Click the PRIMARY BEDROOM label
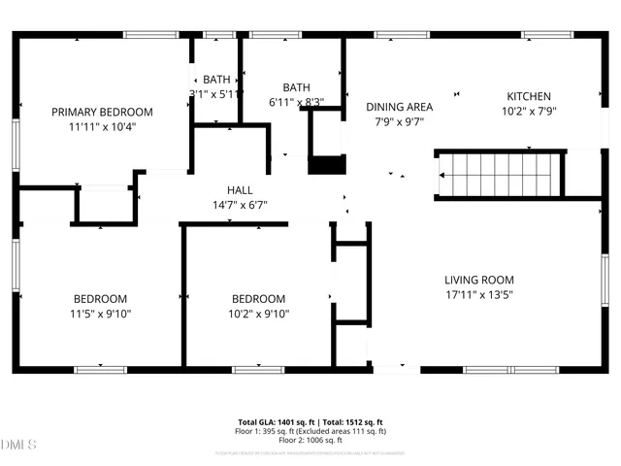tap(102, 112)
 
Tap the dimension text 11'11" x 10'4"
tap(102, 126)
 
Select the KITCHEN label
tap(529, 96)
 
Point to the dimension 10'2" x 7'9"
tap(529, 111)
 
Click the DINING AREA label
tap(398, 107)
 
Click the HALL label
tap(240, 190)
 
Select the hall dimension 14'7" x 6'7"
tap(240, 205)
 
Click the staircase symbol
tap(500, 176)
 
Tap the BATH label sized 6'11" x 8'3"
tap(296, 87)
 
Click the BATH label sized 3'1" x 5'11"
tap(215, 80)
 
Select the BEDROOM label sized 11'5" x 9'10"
tap(101, 298)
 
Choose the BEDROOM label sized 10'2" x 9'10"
tap(258, 298)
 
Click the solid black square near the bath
tap(326, 164)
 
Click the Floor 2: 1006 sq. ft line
tap(310, 440)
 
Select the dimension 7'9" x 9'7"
tap(398, 122)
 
